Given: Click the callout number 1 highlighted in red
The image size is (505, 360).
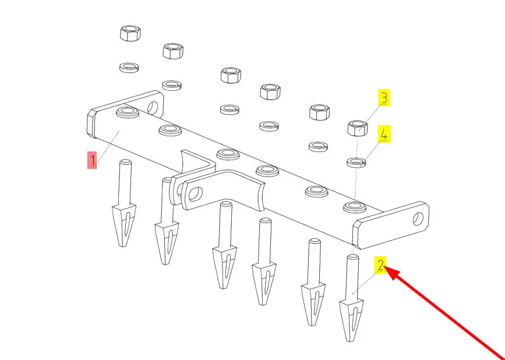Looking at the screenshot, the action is coord(92,160).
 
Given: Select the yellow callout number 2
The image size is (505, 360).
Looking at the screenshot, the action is coord(380,265).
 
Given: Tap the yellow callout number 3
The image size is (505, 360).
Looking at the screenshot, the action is coord(384,98).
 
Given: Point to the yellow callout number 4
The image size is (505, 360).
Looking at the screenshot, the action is coord(384,135).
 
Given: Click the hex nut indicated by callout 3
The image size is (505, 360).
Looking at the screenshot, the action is coord(358,128).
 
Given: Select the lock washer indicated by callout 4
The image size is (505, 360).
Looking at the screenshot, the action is coord(356,162).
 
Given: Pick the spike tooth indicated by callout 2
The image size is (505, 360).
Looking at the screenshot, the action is coord(351,298).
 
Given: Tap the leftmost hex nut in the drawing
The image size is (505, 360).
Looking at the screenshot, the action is coord(130,33).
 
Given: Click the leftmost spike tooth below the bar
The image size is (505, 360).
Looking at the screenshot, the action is coord(124,203).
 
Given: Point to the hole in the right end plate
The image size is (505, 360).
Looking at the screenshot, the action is coord(418,218).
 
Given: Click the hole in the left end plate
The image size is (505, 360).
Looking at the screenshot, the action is coord(153,107).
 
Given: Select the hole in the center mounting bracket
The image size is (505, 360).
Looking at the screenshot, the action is coord(195,194).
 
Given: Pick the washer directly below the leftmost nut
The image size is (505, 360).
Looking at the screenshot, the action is coord(129,68).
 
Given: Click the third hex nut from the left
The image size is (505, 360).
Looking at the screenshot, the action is coord(231,75).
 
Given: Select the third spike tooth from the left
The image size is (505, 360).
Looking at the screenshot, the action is coord(224,245).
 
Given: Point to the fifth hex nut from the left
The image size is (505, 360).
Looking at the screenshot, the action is coord(319,112).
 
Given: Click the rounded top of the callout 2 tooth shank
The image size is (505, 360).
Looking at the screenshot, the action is coord(352,257).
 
